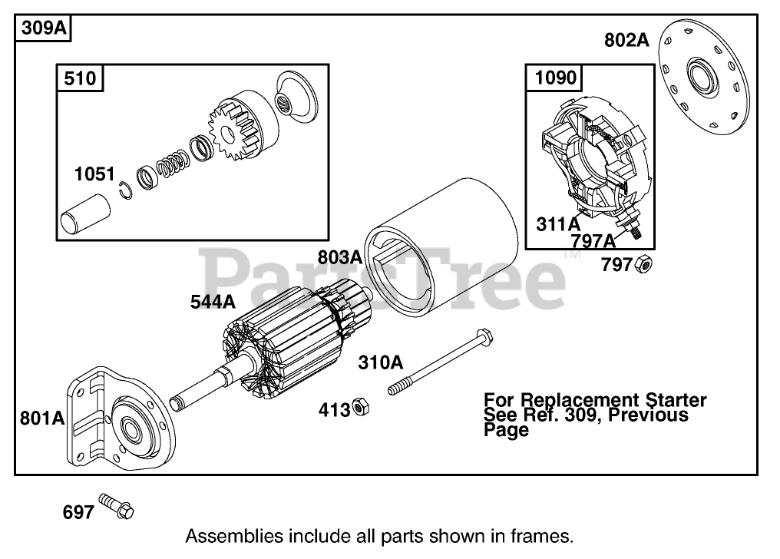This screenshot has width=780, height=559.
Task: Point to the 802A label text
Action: point(626,40)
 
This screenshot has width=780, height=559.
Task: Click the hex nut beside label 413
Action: point(359,408)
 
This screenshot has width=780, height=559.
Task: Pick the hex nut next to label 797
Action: point(645,266)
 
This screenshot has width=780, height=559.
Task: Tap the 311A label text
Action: point(558,223)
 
